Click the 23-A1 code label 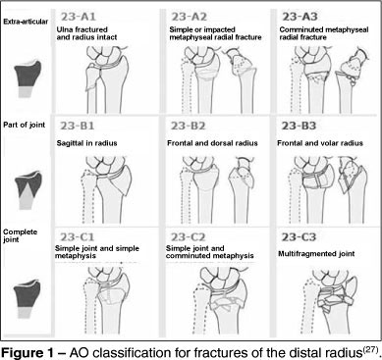click(x=78, y=17)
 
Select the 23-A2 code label click(x=189, y=17)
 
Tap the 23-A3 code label click(x=300, y=17)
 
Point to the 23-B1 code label click(x=78, y=126)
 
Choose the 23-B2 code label click(x=188, y=126)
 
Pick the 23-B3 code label click(x=299, y=126)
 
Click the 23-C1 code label click(x=77, y=236)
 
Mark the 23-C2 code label click(x=188, y=236)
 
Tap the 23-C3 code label click(x=299, y=236)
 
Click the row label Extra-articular click(x=26, y=22)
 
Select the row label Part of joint click(x=25, y=125)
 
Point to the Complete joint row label click(x=20, y=235)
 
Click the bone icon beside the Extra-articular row click(x=27, y=79)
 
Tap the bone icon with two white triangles click(x=28, y=190)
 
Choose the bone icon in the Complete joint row click(x=27, y=299)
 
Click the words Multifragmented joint click(x=316, y=254)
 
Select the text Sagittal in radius click(x=86, y=143)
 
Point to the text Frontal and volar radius click(x=320, y=143)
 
